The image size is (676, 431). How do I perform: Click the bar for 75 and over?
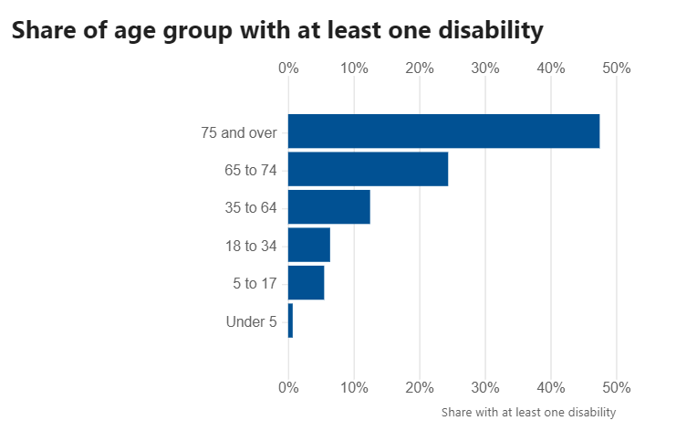point(443,131)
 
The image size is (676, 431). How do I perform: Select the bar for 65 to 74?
point(368,169)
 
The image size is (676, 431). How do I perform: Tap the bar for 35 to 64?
point(328,207)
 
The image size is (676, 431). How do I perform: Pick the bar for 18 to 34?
point(308,245)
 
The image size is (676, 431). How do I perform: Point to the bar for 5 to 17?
point(306,283)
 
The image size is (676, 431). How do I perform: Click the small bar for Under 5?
point(290,321)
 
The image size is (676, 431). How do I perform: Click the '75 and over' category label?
point(239,132)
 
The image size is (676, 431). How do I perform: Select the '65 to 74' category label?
point(250,170)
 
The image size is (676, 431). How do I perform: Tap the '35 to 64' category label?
point(250,208)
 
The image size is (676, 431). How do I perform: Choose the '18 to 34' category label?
point(250,246)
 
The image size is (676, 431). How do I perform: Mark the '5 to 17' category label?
point(255,284)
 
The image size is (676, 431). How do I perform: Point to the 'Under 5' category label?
point(251,321)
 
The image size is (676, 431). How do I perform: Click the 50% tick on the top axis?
point(617,68)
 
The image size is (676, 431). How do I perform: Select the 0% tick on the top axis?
point(288,68)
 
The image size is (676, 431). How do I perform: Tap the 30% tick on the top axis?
point(485,68)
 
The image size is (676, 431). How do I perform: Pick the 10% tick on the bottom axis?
point(354,386)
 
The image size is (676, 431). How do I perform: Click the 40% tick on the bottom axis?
point(551,386)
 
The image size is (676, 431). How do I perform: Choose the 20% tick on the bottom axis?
point(420,386)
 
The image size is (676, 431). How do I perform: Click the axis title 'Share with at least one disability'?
point(528,413)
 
